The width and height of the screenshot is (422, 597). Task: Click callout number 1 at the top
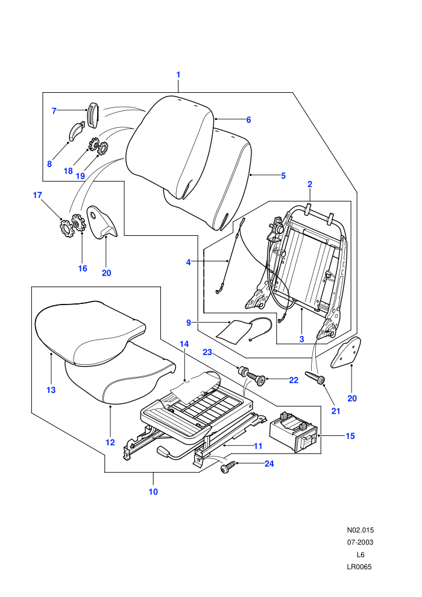(x=178, y=75)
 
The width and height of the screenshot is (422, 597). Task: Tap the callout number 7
(x=54, y=111)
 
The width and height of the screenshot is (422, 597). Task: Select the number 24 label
(x=269, y=464)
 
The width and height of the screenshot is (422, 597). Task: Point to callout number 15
(x=350, y=436)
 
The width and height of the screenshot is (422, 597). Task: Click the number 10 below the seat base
(x=153, y=491)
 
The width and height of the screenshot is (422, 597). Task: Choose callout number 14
(x=184, y=344)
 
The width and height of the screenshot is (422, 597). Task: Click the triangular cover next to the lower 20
(x=345, y=352)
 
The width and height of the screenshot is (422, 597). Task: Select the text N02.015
(x=360, y=529)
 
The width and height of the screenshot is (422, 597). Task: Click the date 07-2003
(x=360, y=542)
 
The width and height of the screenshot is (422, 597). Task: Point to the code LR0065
(x=359, y=566)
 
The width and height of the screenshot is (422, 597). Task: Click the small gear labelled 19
(x=102, y=148)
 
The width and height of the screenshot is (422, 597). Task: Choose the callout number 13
(x=51, y=390)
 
